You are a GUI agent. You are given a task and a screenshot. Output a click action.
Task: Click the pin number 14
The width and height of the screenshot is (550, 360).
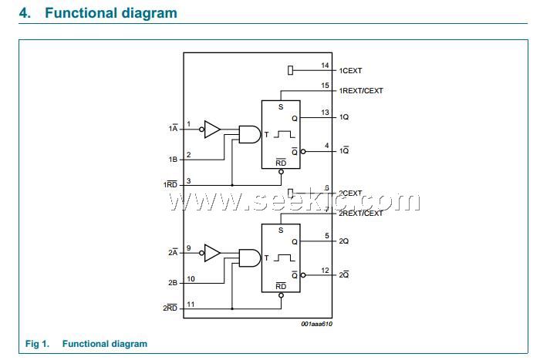pyautogui.click(x=325, y=66)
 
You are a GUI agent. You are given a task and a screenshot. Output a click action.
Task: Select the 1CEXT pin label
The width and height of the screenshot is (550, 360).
pyautogui.click(x=350, y=71)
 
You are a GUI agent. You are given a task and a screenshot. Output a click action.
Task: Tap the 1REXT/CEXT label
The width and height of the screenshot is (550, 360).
pyautogui.click(x=361, y=91)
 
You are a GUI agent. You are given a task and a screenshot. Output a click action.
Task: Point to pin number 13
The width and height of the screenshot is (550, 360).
pyautogui.click(x=325, y=113)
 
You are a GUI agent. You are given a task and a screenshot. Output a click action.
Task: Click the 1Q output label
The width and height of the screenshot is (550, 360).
pyautogui.click(x=344, y=117)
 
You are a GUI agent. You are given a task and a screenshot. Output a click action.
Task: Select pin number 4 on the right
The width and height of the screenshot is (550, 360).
pyautogui.click(x=326, y=146)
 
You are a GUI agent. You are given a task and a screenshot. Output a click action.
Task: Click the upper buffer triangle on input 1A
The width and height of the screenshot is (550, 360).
pyautogui.click(x=212, y=129)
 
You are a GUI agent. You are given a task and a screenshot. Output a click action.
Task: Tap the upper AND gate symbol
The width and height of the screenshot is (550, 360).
pyautogui.click(x=249, y=134)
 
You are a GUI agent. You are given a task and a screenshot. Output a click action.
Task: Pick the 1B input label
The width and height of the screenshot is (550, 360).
pyautogui.click(x=173, y=160)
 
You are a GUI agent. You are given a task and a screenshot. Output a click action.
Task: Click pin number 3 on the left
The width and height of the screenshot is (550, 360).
pyautogui.click(x=189, y=180)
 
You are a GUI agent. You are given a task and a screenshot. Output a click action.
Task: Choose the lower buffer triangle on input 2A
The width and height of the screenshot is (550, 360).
pyautogui.click(x=212, y=252)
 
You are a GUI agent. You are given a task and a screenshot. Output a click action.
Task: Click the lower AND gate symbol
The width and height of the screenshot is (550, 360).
pyautogui.click(x=249, y=257)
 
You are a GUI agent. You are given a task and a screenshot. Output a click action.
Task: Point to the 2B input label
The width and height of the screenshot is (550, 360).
pyautogui.click(x=173, y=283)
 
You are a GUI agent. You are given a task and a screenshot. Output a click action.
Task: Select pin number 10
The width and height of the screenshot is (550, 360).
pyautogui.click(x=191, y=278)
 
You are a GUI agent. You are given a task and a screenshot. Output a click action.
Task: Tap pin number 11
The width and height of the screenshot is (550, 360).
pyautogui.click(x=191, y=304)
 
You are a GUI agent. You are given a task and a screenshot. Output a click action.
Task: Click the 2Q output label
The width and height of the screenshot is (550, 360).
pyautogui.click(x=344, y=241)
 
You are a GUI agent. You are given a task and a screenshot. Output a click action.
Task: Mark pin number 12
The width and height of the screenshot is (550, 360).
pyautogui.click(x=325, y=270)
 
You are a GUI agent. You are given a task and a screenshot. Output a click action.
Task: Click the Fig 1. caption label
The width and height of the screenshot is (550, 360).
pyautogui.click(x=37, y=344)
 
